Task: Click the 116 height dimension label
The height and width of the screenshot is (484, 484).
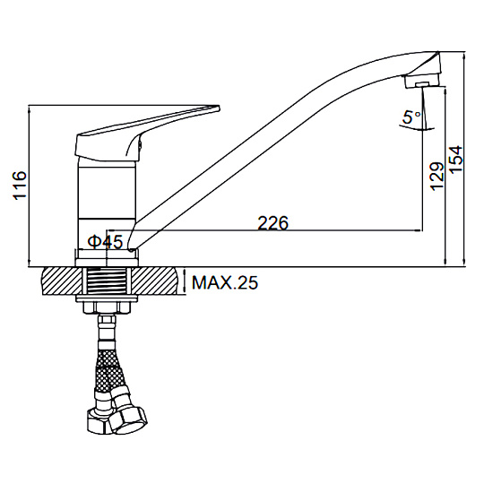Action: [20, 185]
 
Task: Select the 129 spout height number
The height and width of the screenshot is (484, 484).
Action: [437, 176]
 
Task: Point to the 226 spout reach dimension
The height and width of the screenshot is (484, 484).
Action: [272, 223]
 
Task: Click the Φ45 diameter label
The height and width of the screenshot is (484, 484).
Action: [105, 242]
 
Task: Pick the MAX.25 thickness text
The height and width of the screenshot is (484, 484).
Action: [225, 282]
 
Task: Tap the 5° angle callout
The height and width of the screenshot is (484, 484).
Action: [411, 117]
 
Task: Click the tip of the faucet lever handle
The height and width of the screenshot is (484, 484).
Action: [219, 108]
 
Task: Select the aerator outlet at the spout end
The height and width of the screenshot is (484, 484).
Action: [421, 84]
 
